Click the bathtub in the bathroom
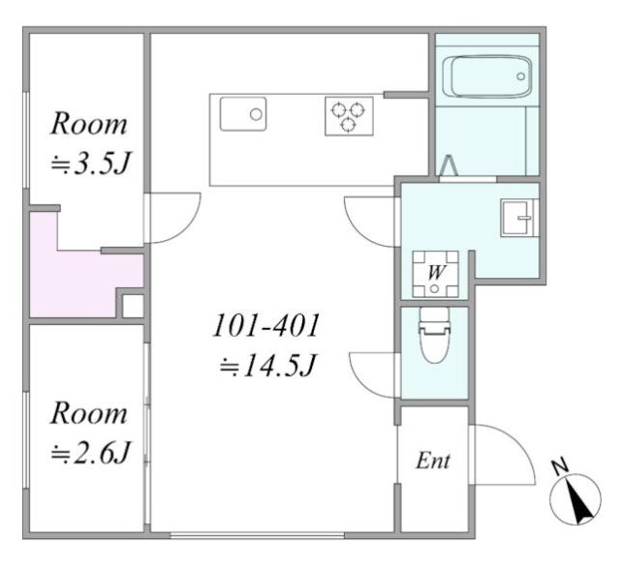coord(486,76)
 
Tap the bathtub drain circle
coord(521,76)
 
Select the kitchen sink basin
coord(243,114)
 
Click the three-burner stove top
coord(349,116)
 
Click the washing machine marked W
coord(435,274)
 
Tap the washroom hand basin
coord(519,218)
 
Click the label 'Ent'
coord(433,462)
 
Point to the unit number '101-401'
coord(266,326)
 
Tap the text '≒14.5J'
coord(268,366)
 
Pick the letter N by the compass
coord(560,466)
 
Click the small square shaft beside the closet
coord(133,306)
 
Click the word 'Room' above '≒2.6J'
coord(88,413)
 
